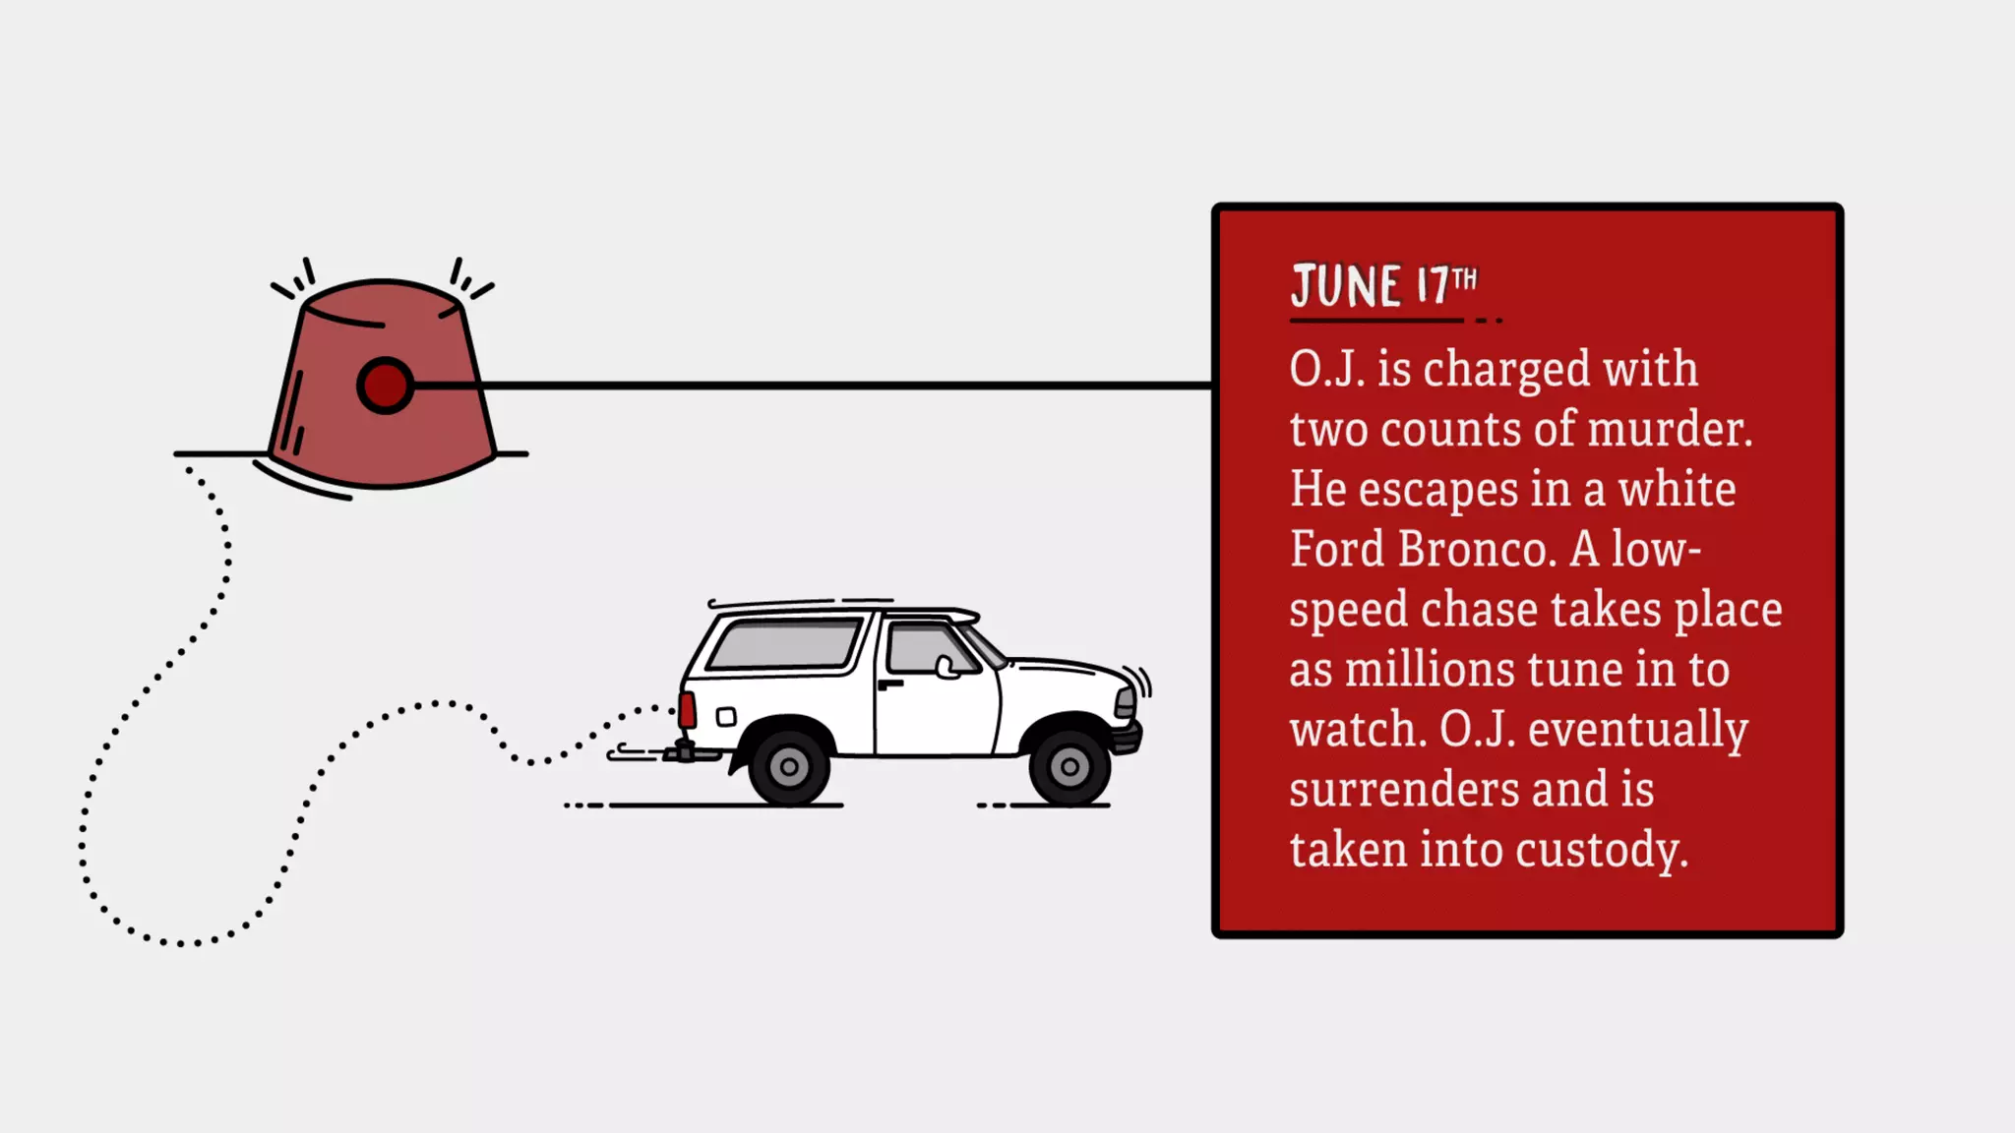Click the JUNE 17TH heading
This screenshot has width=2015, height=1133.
pyautogui.click(x=1383, y=286)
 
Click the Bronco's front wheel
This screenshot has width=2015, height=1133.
pyautogui.click(x=1069, y=766)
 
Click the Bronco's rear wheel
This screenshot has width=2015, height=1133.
pyautogui.click(x=789, y=766)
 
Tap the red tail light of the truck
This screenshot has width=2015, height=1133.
pyautogui.click(x=687, y=709)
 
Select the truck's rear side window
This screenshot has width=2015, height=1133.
pyautogui.click(x=784, y=644)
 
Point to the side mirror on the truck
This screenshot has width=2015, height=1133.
pyautogui.click(x=946, y=668)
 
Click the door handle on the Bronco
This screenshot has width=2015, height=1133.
pyautogui.click(x=889, y=684)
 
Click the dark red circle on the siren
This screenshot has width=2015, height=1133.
pyautogui.click(x=385, y=386)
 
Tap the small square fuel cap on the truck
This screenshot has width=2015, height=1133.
pyautogui.click(x=726, y=716)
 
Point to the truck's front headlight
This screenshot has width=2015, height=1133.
pyautogui.click(x=1125, y=702)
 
